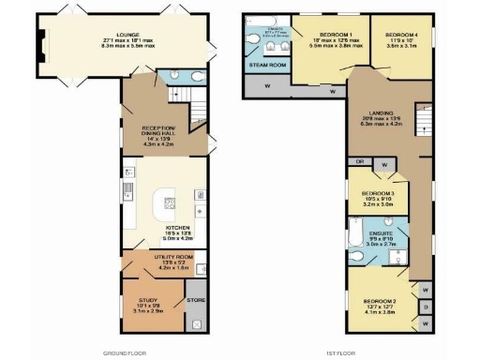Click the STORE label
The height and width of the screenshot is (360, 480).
[x=196, y=300]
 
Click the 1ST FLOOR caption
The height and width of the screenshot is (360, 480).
[x=373, y=352]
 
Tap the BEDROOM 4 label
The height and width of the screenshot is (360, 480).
[x=402, y=33]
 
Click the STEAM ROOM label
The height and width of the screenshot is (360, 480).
[x=267, y=66]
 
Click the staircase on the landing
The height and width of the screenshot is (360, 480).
[x=423, y=116]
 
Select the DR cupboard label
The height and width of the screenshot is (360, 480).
[x=360, y=161]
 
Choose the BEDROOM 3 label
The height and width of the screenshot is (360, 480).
[x=379, y=193]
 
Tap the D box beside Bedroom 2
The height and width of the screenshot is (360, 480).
[x=425, y=307]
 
